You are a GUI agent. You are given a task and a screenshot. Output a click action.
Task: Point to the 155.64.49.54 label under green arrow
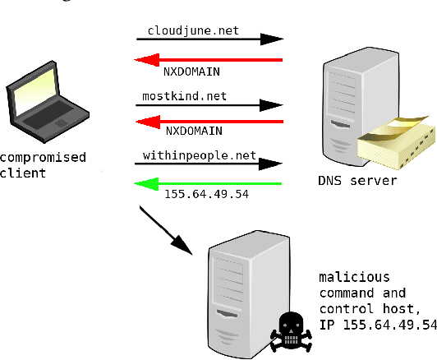[200, 196]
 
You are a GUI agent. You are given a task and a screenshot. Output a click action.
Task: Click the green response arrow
[209, 183]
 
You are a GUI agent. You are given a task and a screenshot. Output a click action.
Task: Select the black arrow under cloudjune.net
[209, 39]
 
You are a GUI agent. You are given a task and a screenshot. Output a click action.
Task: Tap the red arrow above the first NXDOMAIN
[209, 59]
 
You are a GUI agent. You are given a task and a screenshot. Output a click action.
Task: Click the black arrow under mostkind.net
[209, 105]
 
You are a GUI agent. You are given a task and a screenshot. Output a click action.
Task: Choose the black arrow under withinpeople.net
[209, 164]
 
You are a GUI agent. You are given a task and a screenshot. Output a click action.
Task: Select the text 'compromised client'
[43, 165]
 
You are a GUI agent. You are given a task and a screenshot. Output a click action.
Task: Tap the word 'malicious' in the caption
[354, 276]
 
